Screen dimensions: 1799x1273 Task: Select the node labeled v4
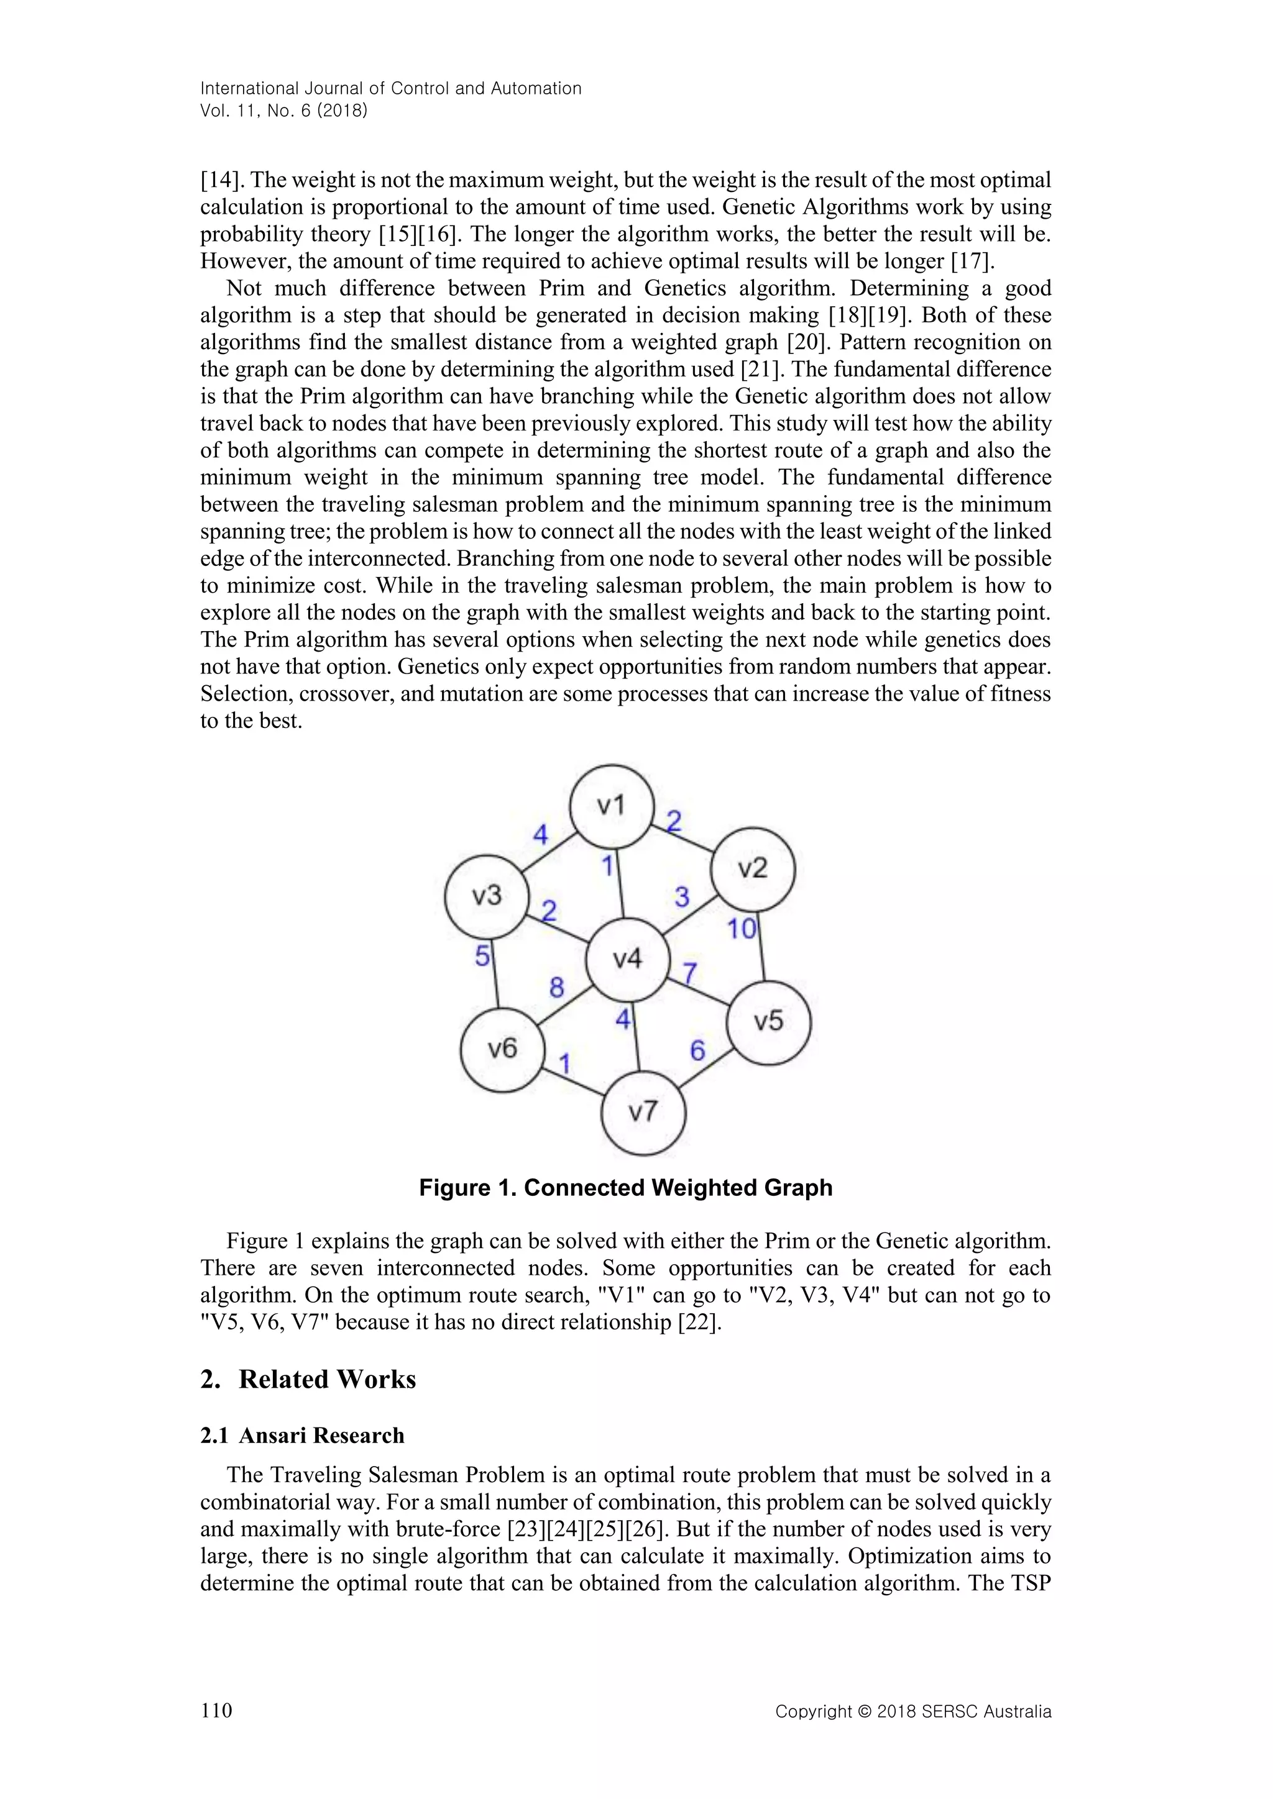pos(627,959)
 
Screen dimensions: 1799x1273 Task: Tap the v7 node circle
pos(643,1113)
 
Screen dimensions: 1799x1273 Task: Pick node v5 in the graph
pos(768,1022)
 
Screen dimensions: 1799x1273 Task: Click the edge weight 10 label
pos(742,929)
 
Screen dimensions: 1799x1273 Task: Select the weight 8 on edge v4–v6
pos(556,987)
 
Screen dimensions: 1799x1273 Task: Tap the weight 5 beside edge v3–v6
pos(483,956)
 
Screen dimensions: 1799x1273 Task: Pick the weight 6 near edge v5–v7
pos(697,1050)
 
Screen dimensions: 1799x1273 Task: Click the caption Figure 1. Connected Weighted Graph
pos(625,1188)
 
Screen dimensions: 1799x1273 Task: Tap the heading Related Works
pos(327,1379)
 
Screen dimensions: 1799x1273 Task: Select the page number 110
pos(216,1710)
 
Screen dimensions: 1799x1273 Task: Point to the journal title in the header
pos(390,89)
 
